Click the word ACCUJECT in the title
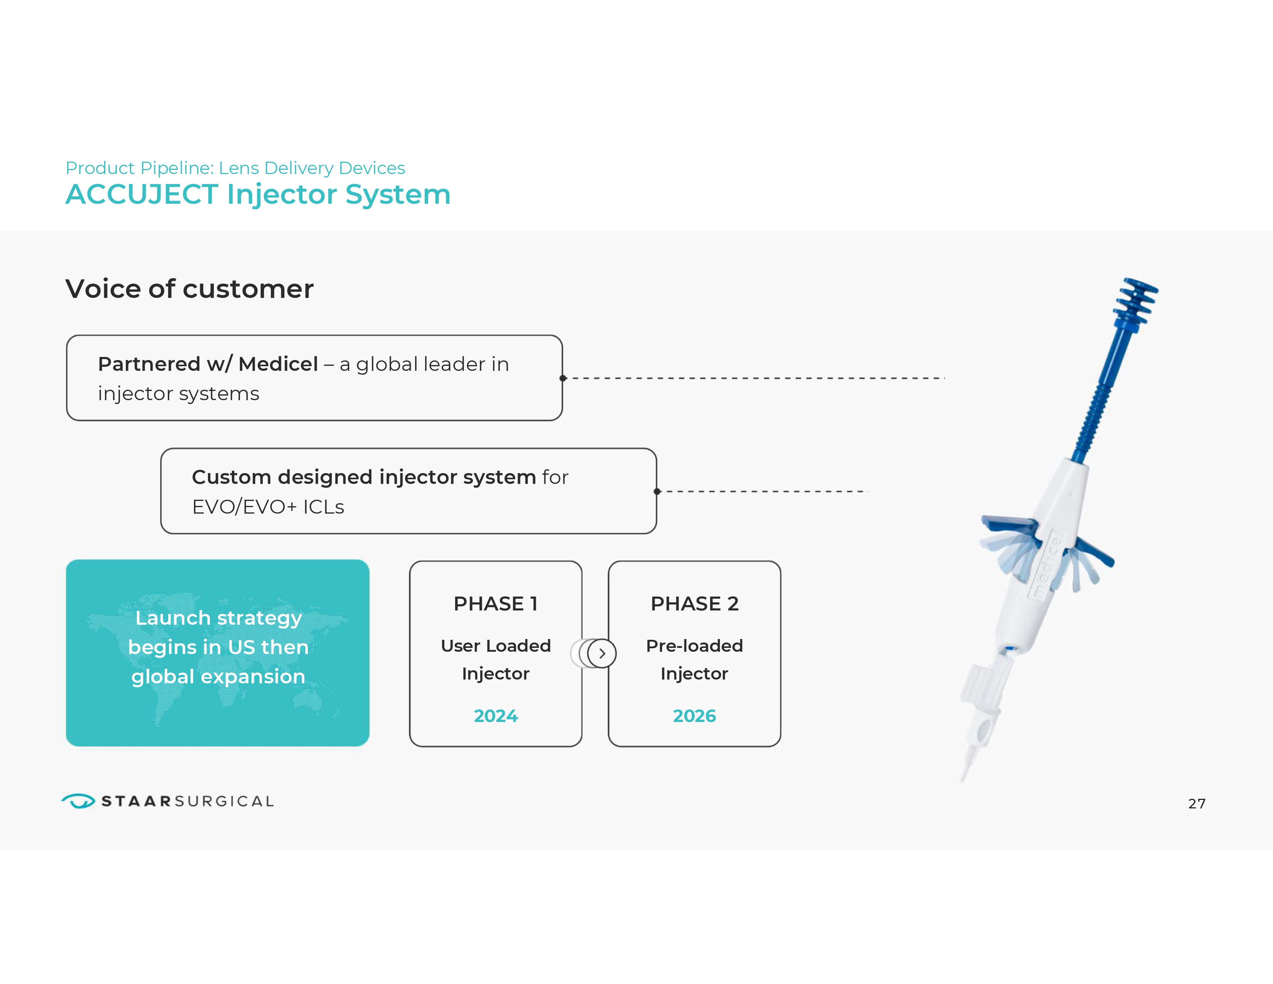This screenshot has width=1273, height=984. pyautogui.click(x=142, y=195)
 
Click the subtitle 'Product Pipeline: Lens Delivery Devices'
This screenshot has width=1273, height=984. pyautogui.click(x=235, y=168)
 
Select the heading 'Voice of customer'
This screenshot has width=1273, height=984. pyautogui.click(x=189, y=289)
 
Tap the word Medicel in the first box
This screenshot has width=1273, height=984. pyautogui.click(x=278, y=364)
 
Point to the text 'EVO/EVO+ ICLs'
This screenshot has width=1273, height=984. pyautogui.click(x=268, y=507)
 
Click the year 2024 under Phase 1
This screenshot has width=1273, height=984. pyautogui.click(x=495, y=715)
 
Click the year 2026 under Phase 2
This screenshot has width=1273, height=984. pyautogui.click(x=694, y=715)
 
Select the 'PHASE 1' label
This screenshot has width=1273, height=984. pyautogui.click(x=495, y=604)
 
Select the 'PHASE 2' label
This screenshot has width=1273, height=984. pyautogui.click(x=694, y=604)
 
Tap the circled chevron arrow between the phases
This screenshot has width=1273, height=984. pyautogui.click(x=601, y=653)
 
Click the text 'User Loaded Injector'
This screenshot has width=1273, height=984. pyautogui.click(x=495, y=659)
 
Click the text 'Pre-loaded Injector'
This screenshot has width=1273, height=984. pyautogui.click(x=694, y=659)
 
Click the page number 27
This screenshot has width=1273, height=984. pyautogui.click(x=1197, y=803)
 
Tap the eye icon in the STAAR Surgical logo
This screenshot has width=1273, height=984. pyautogui.click(x=78, y=801)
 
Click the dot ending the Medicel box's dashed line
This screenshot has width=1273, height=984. pyautogui.click(x=563, y=378)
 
